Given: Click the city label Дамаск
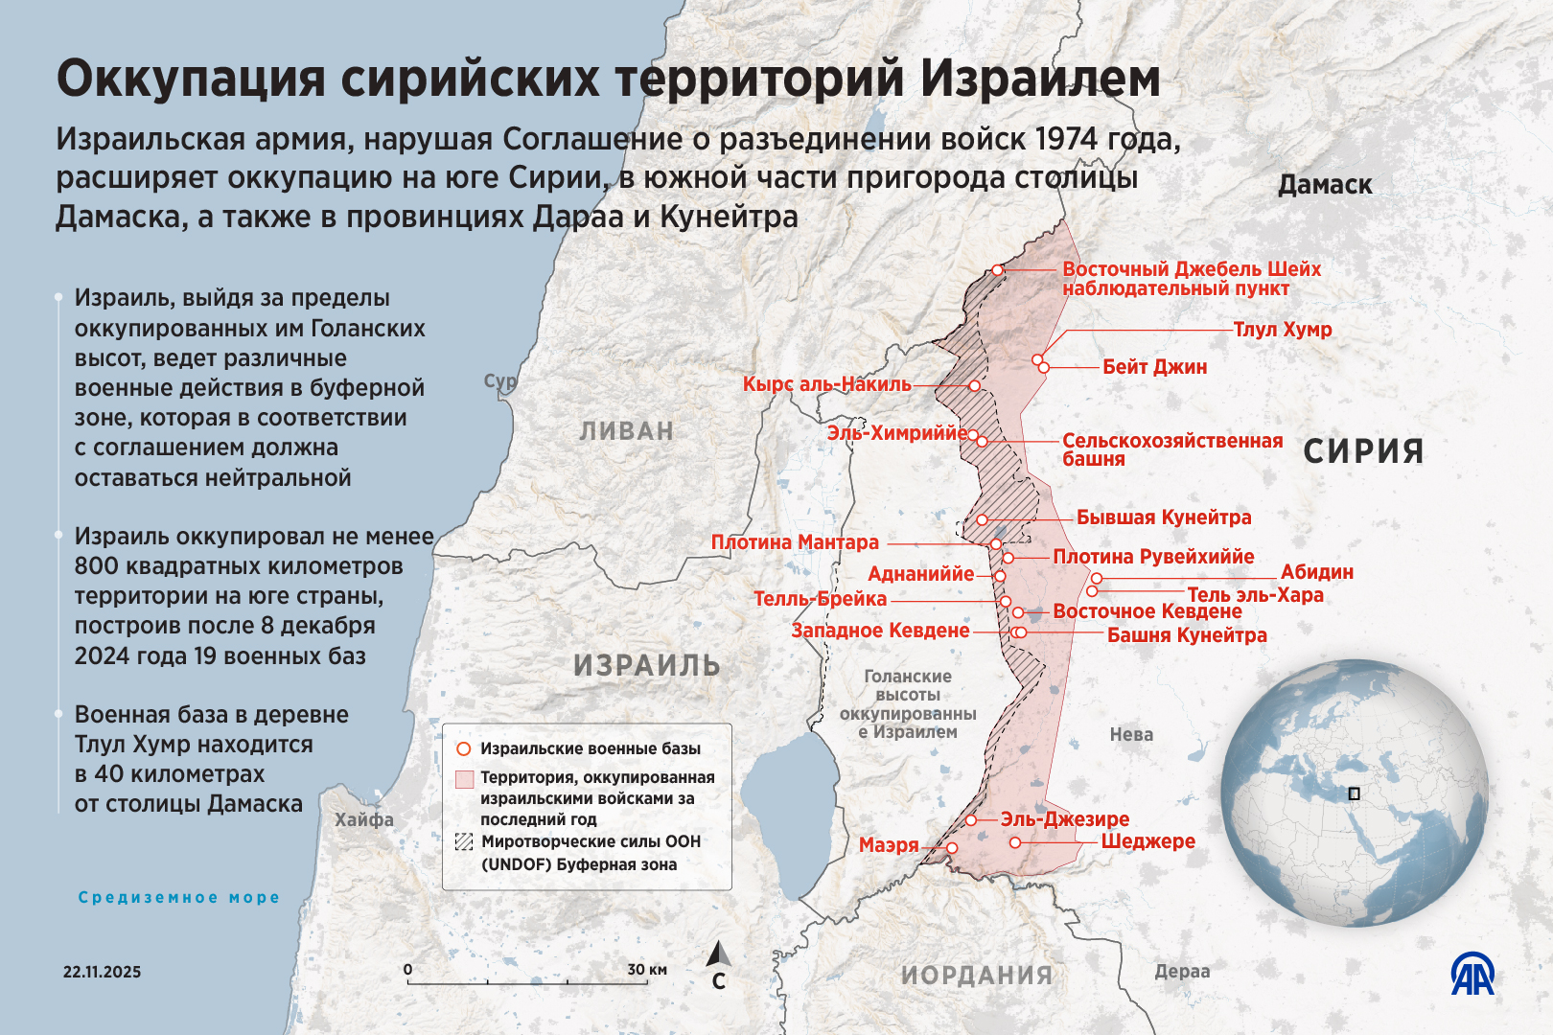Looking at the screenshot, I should tap(1325, 185).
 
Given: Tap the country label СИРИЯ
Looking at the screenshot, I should tap(1363, 451).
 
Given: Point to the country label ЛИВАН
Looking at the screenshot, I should tap(627, 431).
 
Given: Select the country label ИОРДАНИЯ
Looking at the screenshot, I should tap(977, 976).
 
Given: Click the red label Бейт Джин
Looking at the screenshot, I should tap(1154, 367).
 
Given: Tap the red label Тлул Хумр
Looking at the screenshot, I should tap(1282, 330).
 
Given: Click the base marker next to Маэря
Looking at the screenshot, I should tap(952, 848).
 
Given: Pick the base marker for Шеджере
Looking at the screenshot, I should tap(1015, 842).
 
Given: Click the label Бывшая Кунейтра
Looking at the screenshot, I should tap(1164, 517).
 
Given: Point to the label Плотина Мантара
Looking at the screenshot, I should tap(795, 542).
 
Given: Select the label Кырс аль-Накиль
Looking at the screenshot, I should tap(827, 384).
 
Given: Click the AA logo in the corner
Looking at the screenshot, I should tap(1472, 975).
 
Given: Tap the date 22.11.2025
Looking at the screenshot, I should tap(102, 972).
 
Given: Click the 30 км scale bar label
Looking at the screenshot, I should tap(647, 970).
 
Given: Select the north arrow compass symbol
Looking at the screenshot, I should tap(719, 954).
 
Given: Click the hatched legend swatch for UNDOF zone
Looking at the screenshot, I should tap(464, 842).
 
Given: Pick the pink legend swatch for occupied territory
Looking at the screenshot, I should tap(464, 778).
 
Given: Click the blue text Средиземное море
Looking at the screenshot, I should tap(179, 897).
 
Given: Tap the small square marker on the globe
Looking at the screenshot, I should tap(1354, 793).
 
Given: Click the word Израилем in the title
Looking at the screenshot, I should tap(1041, 79).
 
